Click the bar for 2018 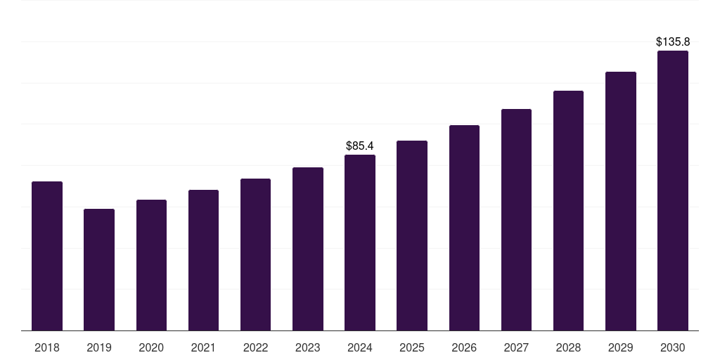point(47,256)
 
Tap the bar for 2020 point(151,265)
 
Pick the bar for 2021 point(203,260)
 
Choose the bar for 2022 point(255,255)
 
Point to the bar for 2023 point(308,249)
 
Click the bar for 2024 point(360,243)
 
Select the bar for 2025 point(412,236)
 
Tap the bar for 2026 point(464,228)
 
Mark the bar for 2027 point(516,219)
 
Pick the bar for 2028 point(568,210)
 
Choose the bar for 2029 point(621,201)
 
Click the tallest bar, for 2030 point(673,191)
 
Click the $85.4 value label point(360,146)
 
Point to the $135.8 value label point(673,42)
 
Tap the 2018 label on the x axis point(47,347)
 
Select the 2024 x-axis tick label point(360,347)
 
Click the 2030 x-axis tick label point(673,347)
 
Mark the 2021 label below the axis point(203,347)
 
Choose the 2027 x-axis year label point(516,347)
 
